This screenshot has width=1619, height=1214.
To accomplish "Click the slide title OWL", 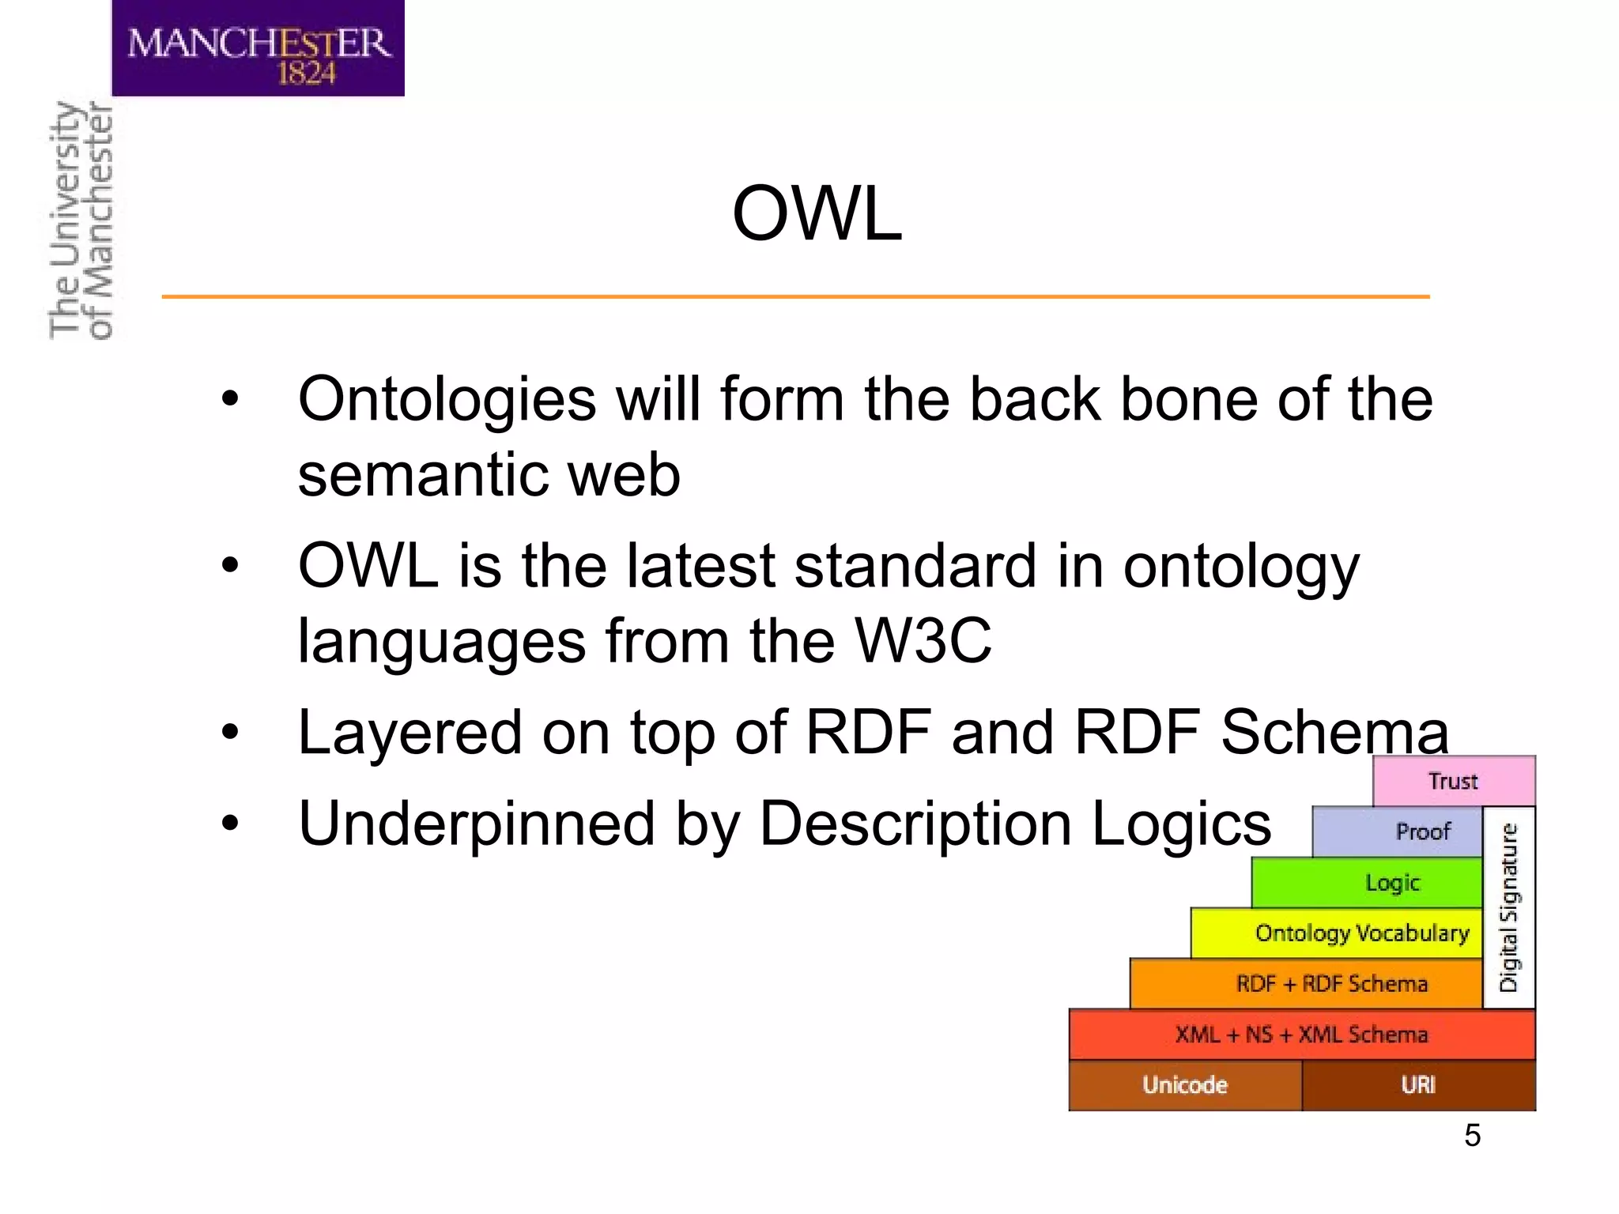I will tap(817, 213).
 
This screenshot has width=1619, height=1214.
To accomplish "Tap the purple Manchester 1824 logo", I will tap(259, 49).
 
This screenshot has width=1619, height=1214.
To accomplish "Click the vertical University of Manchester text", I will tap(81, 221).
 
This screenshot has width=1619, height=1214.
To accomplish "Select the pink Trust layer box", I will tap(1453, 781).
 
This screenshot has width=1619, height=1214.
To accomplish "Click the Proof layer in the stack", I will tap(1398, 831).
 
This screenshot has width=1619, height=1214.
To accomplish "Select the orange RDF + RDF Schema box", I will tap(1307, 984).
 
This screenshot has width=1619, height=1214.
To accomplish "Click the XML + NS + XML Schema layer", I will tap(1301, 1035).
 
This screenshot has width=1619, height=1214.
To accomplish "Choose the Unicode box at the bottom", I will tap(1184, 1085).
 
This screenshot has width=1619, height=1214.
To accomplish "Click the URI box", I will tap(1418, 1085).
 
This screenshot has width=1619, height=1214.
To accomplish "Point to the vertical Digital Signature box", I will tap(1509, 907).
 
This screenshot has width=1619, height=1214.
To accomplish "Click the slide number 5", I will tap(1472, 1136).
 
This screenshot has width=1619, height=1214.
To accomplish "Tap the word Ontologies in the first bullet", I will tap(447, 400).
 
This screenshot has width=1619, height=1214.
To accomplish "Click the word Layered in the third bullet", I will tap(409, 733).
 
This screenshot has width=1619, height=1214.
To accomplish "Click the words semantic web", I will tap(489, 475).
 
